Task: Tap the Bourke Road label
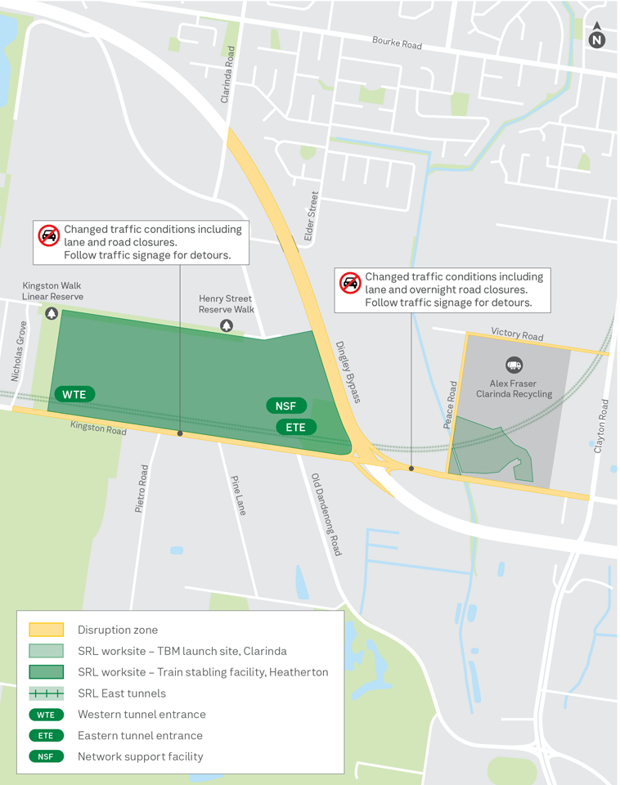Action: point(397,42)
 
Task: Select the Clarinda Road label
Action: point(227,74)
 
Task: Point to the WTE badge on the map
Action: point(74,394)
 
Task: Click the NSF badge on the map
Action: point(286,406)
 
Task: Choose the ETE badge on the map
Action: point(295,427)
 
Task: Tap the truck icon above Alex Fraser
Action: point(514,365)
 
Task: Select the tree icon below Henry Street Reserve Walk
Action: point(227,325)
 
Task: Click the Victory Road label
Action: point(517,334)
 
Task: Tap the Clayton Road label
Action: point(604,426)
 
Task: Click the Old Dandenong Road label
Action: point(325,514)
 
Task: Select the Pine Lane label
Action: point(238,495)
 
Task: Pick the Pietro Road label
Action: point(142,489)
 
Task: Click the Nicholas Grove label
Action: point(18,352)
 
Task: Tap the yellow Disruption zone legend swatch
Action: point(46,630)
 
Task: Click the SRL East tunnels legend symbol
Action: point(46,693)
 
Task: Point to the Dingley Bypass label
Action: point(348,372)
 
